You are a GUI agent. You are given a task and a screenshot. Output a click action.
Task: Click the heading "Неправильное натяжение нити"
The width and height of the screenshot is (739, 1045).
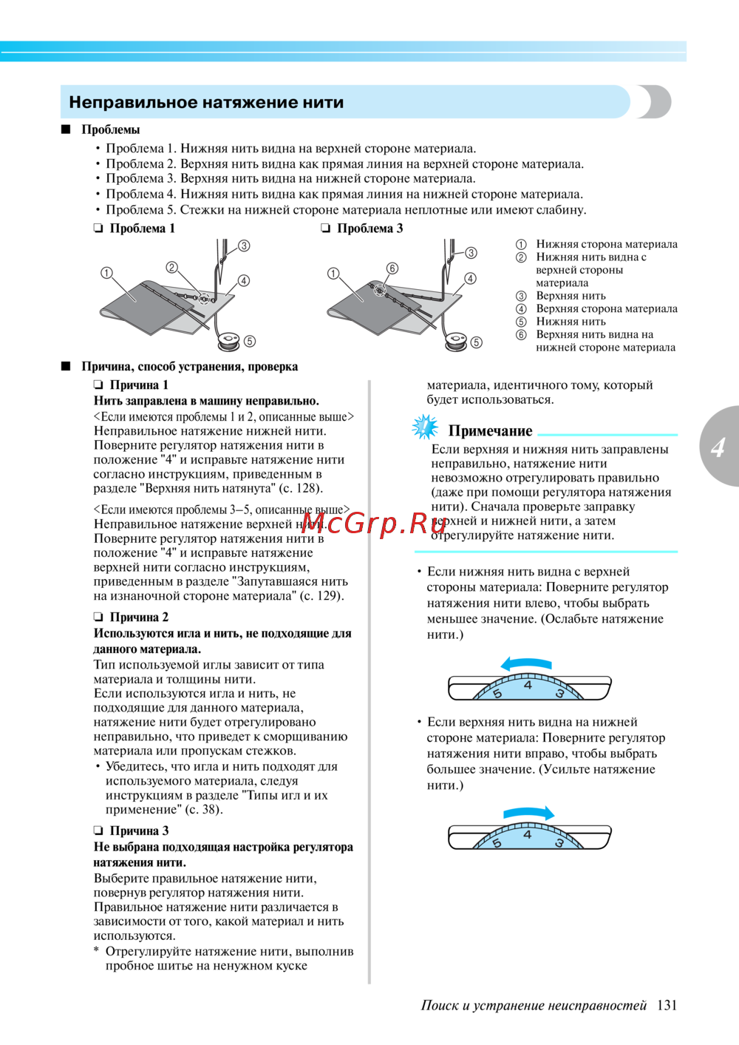(x=206, y=102)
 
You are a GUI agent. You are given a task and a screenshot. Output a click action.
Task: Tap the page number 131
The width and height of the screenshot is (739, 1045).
(x=667, y=1005)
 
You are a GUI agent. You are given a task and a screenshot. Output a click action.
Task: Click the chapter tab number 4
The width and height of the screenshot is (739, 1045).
(x=718, y=447)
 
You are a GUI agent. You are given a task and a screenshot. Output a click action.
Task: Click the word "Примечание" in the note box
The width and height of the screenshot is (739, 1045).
(x=490, y=430)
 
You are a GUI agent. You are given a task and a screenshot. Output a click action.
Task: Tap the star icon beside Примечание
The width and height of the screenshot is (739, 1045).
(x=425, y=427)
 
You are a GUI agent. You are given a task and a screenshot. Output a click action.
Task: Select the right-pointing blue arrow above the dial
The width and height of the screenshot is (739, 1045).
(x=528, y=813)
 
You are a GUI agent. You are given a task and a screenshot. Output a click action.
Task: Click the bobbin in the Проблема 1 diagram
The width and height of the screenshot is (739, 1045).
(x=228, y=340)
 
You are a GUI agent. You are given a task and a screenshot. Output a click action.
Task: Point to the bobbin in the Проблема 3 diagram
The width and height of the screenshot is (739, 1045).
(x=454, y=341)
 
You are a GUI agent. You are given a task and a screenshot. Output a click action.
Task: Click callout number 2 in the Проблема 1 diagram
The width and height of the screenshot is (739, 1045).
(x=171, y=268)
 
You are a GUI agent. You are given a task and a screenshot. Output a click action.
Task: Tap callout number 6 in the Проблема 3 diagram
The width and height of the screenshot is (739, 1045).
(x=392, y=268)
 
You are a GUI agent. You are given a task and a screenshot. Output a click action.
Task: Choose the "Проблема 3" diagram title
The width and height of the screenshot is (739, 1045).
(x=369, y=229)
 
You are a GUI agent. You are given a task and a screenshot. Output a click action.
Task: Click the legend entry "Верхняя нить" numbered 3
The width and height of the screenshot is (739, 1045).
(x=571, y=296)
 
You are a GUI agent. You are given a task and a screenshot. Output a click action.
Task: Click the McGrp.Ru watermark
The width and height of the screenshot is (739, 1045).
(x=375, y=523)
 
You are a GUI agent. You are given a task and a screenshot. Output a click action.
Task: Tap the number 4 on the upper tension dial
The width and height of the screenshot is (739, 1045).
(x=528, y=685)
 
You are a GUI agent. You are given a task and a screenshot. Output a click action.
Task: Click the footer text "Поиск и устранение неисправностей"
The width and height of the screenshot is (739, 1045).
(x=534, y=1005)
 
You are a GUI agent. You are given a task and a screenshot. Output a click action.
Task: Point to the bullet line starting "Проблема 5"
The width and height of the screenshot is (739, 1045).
(x=346, y=210)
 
